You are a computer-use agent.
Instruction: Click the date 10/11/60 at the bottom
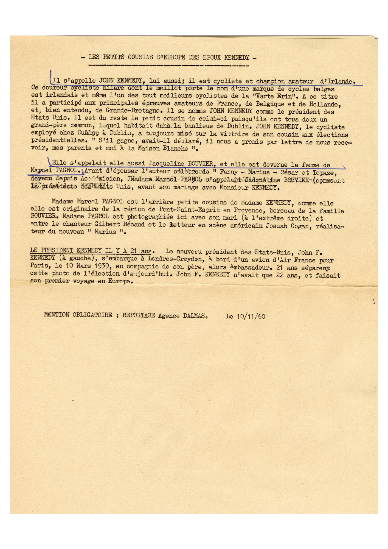coord(250,316)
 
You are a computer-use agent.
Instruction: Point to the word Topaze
coord(324,173)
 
